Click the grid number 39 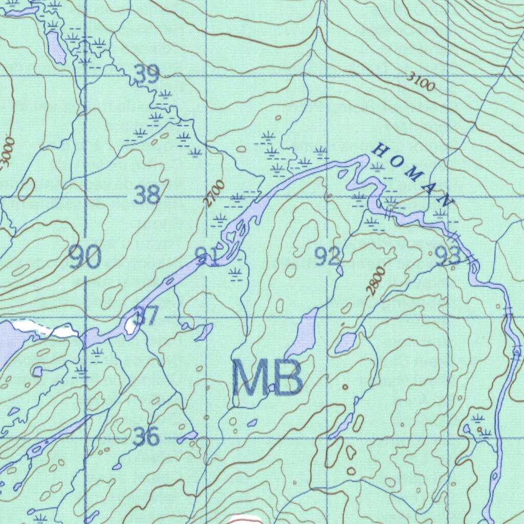click(x=147, y=75)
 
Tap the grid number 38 click(x=147, y=195)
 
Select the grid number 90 click(x=85, y=257)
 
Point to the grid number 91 click(x=208, y=256)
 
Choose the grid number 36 click(x=146, y=436)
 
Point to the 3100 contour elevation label click(x=421, y=82)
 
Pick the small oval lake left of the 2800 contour click(x=346, y=342)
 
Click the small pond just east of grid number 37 click(x=204, y=332)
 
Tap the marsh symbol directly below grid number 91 click(x=235, y=274)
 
